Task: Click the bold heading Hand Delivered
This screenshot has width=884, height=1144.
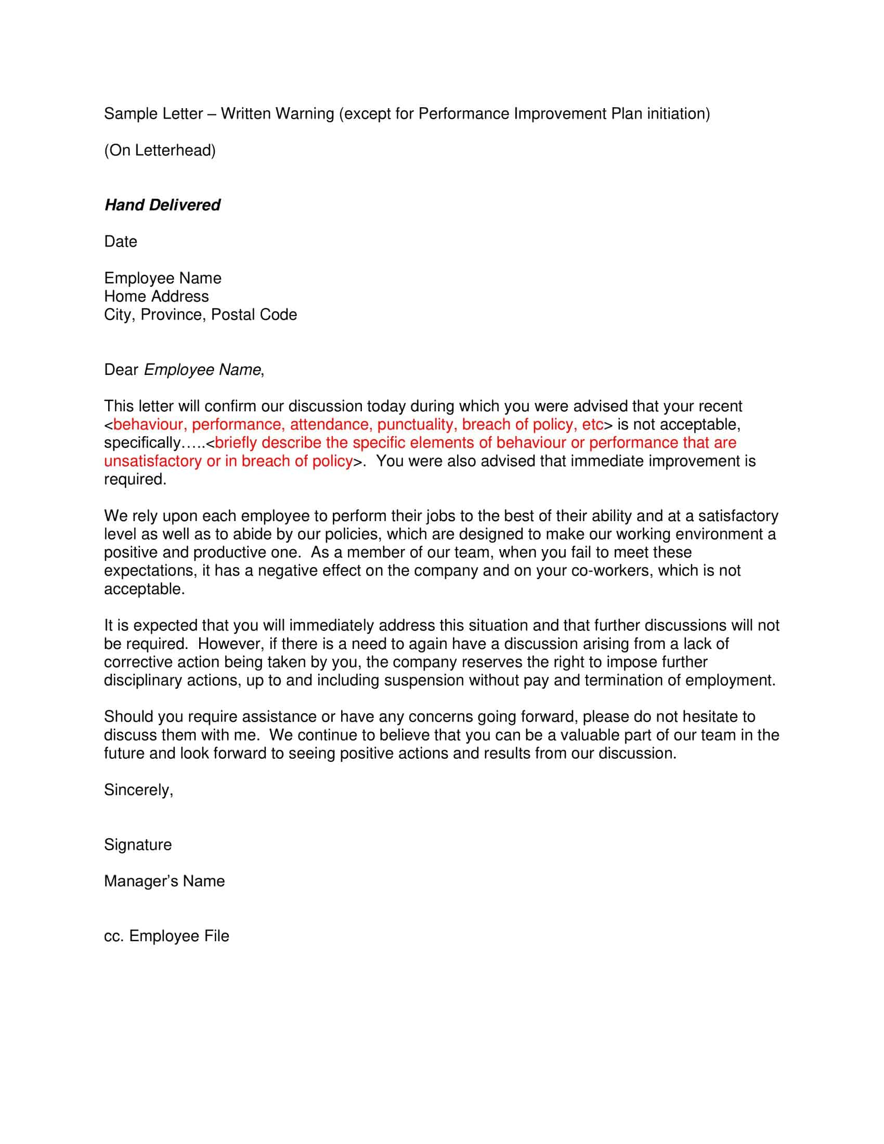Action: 162,205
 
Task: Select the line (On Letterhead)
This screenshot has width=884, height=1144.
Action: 160,150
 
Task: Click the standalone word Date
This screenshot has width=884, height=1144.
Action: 121,241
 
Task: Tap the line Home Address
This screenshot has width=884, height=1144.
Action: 156,296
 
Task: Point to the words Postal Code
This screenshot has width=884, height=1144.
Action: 254,315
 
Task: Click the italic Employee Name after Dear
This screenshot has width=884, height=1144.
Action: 202,370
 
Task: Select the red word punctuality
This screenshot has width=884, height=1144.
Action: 417,424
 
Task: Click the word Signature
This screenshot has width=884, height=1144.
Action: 138,845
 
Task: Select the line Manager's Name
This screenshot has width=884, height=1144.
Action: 164,881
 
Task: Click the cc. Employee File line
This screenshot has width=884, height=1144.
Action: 166,936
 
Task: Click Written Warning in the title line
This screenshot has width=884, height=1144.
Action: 277,114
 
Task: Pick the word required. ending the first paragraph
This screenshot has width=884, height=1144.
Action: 135,479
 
